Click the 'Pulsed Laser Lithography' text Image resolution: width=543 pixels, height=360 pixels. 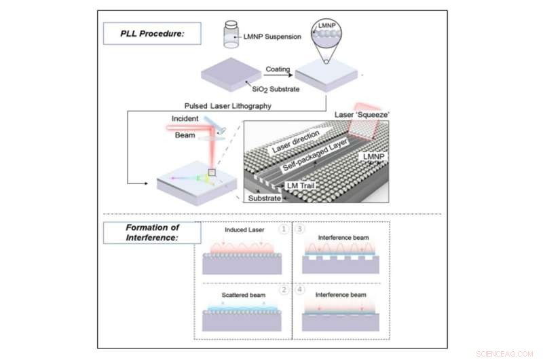pyautogui.click(x=225, y=106)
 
